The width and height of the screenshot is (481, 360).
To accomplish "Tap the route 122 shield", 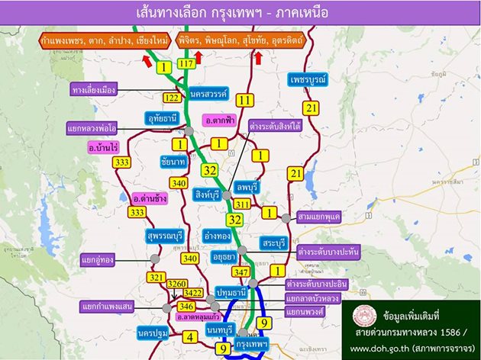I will (172, 98).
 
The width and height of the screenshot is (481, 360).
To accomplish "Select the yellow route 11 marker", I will (244, 100).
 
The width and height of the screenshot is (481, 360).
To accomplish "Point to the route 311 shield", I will (243, 204).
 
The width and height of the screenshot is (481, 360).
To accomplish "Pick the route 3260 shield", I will (176, 284).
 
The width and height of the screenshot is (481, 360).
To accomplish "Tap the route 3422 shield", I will (194, 293).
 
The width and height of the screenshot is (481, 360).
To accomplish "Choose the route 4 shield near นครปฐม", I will (191, 335).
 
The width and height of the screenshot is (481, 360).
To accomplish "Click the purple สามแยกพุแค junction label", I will (320, 217).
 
